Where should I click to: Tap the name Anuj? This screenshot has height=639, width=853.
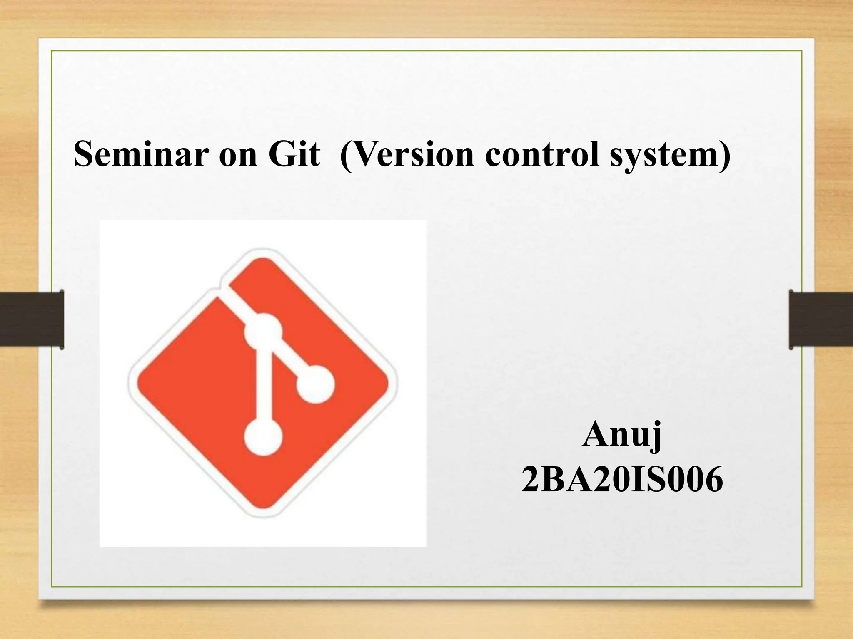[622, 434]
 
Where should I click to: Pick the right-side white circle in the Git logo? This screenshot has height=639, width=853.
[315, 384]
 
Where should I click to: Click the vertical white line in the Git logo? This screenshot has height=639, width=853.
[263, 385]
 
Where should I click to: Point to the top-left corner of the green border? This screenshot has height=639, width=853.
[52, 51]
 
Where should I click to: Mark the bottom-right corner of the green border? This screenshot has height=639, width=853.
[801, 587]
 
